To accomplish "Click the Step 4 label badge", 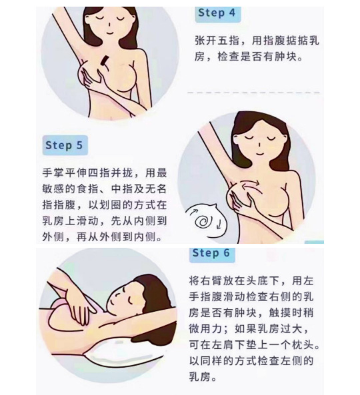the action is (218, 14).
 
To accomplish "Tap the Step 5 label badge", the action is (65, 145).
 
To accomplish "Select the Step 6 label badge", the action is (212, 254).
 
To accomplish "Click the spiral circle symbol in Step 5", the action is (203, 222).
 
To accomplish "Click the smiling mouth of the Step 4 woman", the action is (109, 33).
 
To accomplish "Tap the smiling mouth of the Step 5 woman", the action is (259, 153).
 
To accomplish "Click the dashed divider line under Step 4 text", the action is (253, 93).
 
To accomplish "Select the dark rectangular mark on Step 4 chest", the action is (104, 60).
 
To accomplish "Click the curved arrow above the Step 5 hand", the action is (249, 183).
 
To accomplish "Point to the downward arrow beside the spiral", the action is (219, 224).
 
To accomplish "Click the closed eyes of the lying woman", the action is (127, 295).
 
